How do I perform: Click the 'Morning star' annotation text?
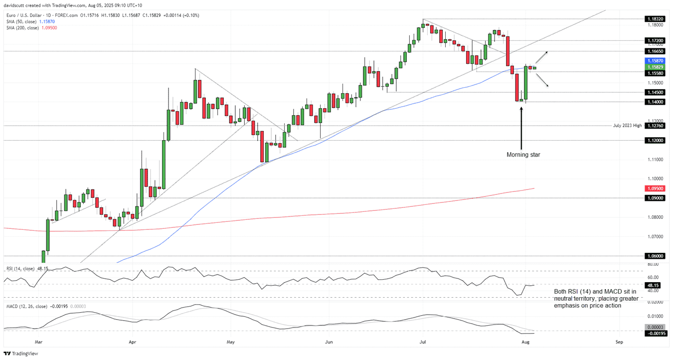(523, 155)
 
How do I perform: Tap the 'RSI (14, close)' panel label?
(20, 269)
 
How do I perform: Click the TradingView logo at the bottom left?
(20, 353)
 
